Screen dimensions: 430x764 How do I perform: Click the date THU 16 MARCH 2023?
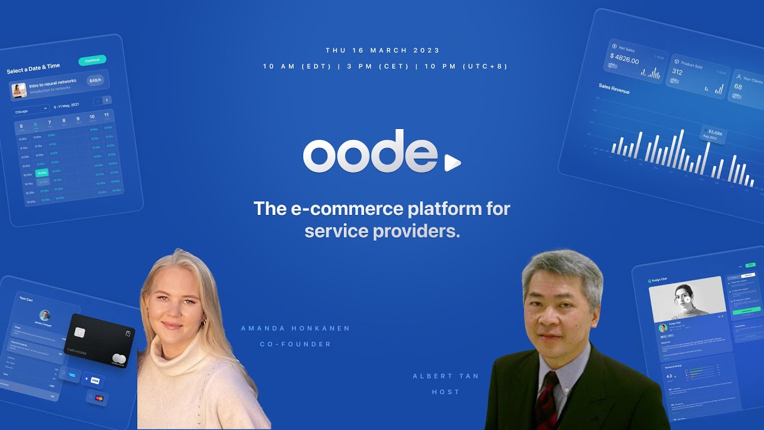point(383,51)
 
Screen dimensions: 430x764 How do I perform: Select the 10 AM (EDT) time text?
point(297,66)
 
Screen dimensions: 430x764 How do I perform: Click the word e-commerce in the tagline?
point(346,209)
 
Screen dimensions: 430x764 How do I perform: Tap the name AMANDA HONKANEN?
point(295,328)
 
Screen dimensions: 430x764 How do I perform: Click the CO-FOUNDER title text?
point(295,344)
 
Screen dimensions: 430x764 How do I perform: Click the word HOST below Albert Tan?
point(445,392)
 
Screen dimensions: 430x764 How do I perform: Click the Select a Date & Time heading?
point(33,69)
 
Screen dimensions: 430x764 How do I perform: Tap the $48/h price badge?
point(95,80)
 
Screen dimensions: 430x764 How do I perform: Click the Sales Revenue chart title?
point(614,88)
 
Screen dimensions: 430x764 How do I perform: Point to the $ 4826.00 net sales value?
point(624,59)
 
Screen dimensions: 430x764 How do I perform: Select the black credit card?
point(99,340)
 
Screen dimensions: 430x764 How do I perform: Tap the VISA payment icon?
point(94,380)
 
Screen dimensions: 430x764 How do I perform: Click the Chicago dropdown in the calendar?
point(32,110)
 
